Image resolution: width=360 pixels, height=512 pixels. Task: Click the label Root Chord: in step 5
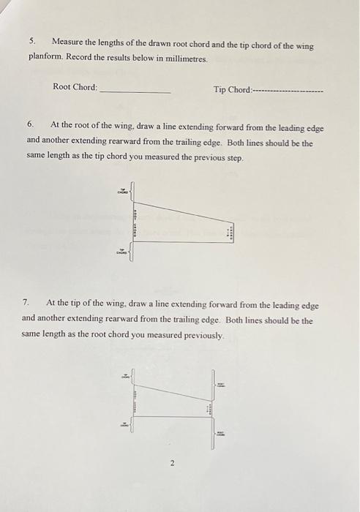pyautogui.click(x=75, y=88)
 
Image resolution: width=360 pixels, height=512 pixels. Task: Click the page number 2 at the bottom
pyautogui.click(x=172, y=463)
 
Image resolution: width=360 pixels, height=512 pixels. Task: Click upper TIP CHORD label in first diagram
pyautogui.click(x=121, y=192)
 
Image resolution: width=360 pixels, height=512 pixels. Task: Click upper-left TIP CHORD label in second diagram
pyautogui.click(x=124, y=377)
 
